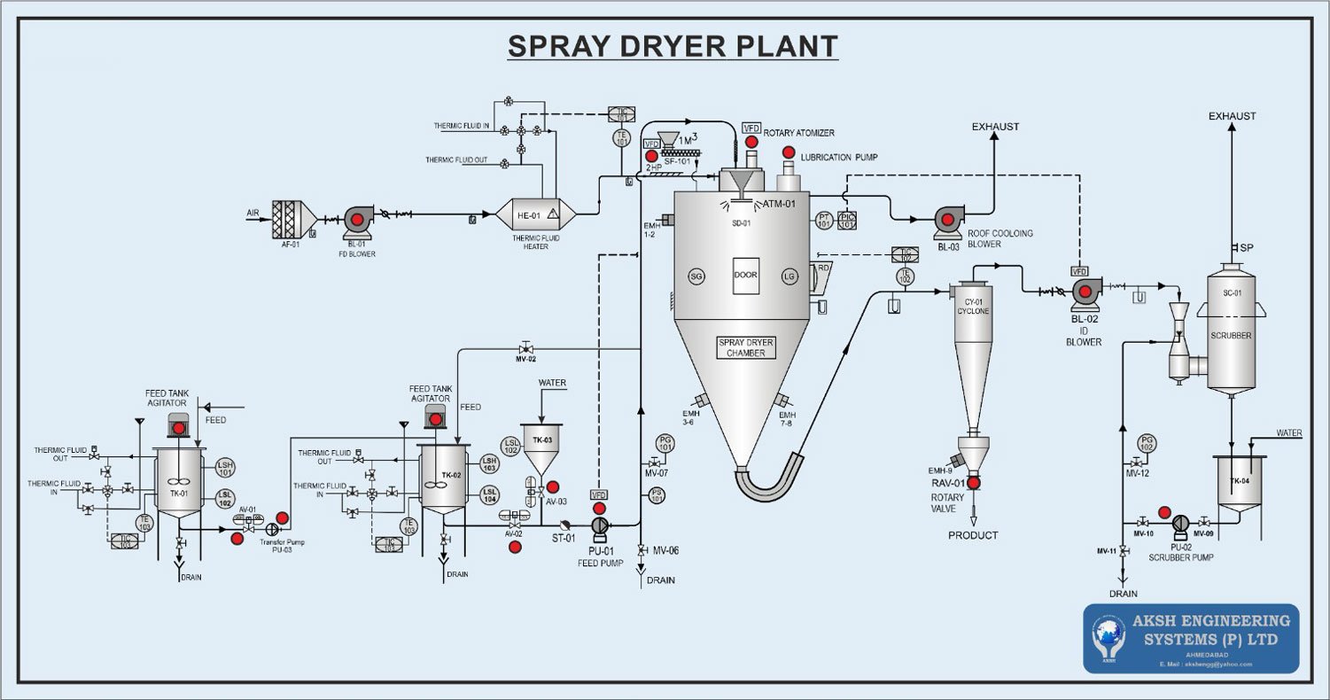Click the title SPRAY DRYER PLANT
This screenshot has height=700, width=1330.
[673, 45]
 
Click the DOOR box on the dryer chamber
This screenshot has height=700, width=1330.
[745, 276]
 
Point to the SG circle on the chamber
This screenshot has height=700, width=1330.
[696, 276]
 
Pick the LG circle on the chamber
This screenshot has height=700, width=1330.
[789, 276]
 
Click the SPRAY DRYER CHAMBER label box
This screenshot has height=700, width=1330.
[742, 347]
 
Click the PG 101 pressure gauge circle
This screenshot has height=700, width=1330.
[665, 442]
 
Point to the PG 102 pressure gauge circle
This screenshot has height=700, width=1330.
[1147, 442]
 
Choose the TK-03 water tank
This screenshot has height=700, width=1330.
[542, 447]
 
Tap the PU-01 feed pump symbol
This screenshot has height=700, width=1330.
[600, 525]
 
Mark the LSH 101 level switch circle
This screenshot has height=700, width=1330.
[226, 467]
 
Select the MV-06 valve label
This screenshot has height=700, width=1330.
[665, 550]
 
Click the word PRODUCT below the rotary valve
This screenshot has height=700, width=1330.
[973, 535]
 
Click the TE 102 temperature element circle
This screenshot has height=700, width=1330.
[905, 276]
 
